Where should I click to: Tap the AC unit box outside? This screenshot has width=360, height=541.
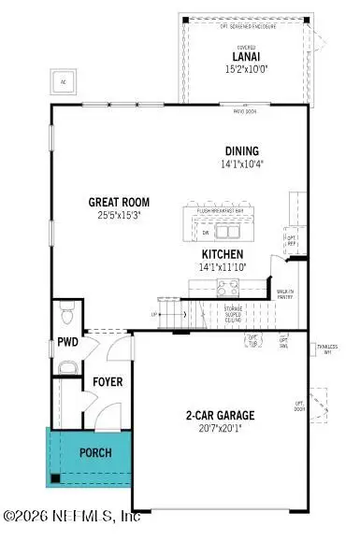click(65, 80)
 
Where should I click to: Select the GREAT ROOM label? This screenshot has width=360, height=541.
click(119, 201)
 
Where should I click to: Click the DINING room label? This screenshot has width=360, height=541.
click(241, 151)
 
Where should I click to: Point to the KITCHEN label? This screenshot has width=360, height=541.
click(223, 253)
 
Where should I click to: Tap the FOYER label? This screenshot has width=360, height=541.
click(108, 382)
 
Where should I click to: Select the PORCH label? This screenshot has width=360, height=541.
click(95, 452)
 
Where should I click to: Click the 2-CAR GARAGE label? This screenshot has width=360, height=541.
click(222, 415)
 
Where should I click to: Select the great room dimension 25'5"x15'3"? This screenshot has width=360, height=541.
click(119, 214)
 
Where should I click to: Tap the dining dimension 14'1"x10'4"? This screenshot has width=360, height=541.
click(241, 164)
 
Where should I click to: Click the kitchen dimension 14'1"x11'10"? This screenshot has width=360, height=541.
click(223, 267)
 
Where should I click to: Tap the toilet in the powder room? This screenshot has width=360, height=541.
click(65, 307)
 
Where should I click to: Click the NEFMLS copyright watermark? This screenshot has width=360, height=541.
click(73, 515)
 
